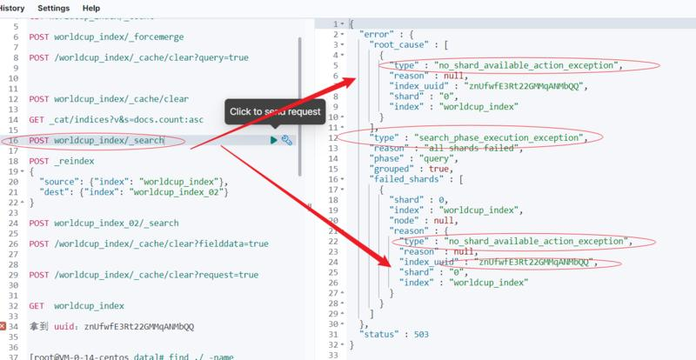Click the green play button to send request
tap(273, 140)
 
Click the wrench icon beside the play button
tap(286, 140)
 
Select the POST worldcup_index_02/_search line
tap(104, 223)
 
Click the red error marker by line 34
tap(4, 326)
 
